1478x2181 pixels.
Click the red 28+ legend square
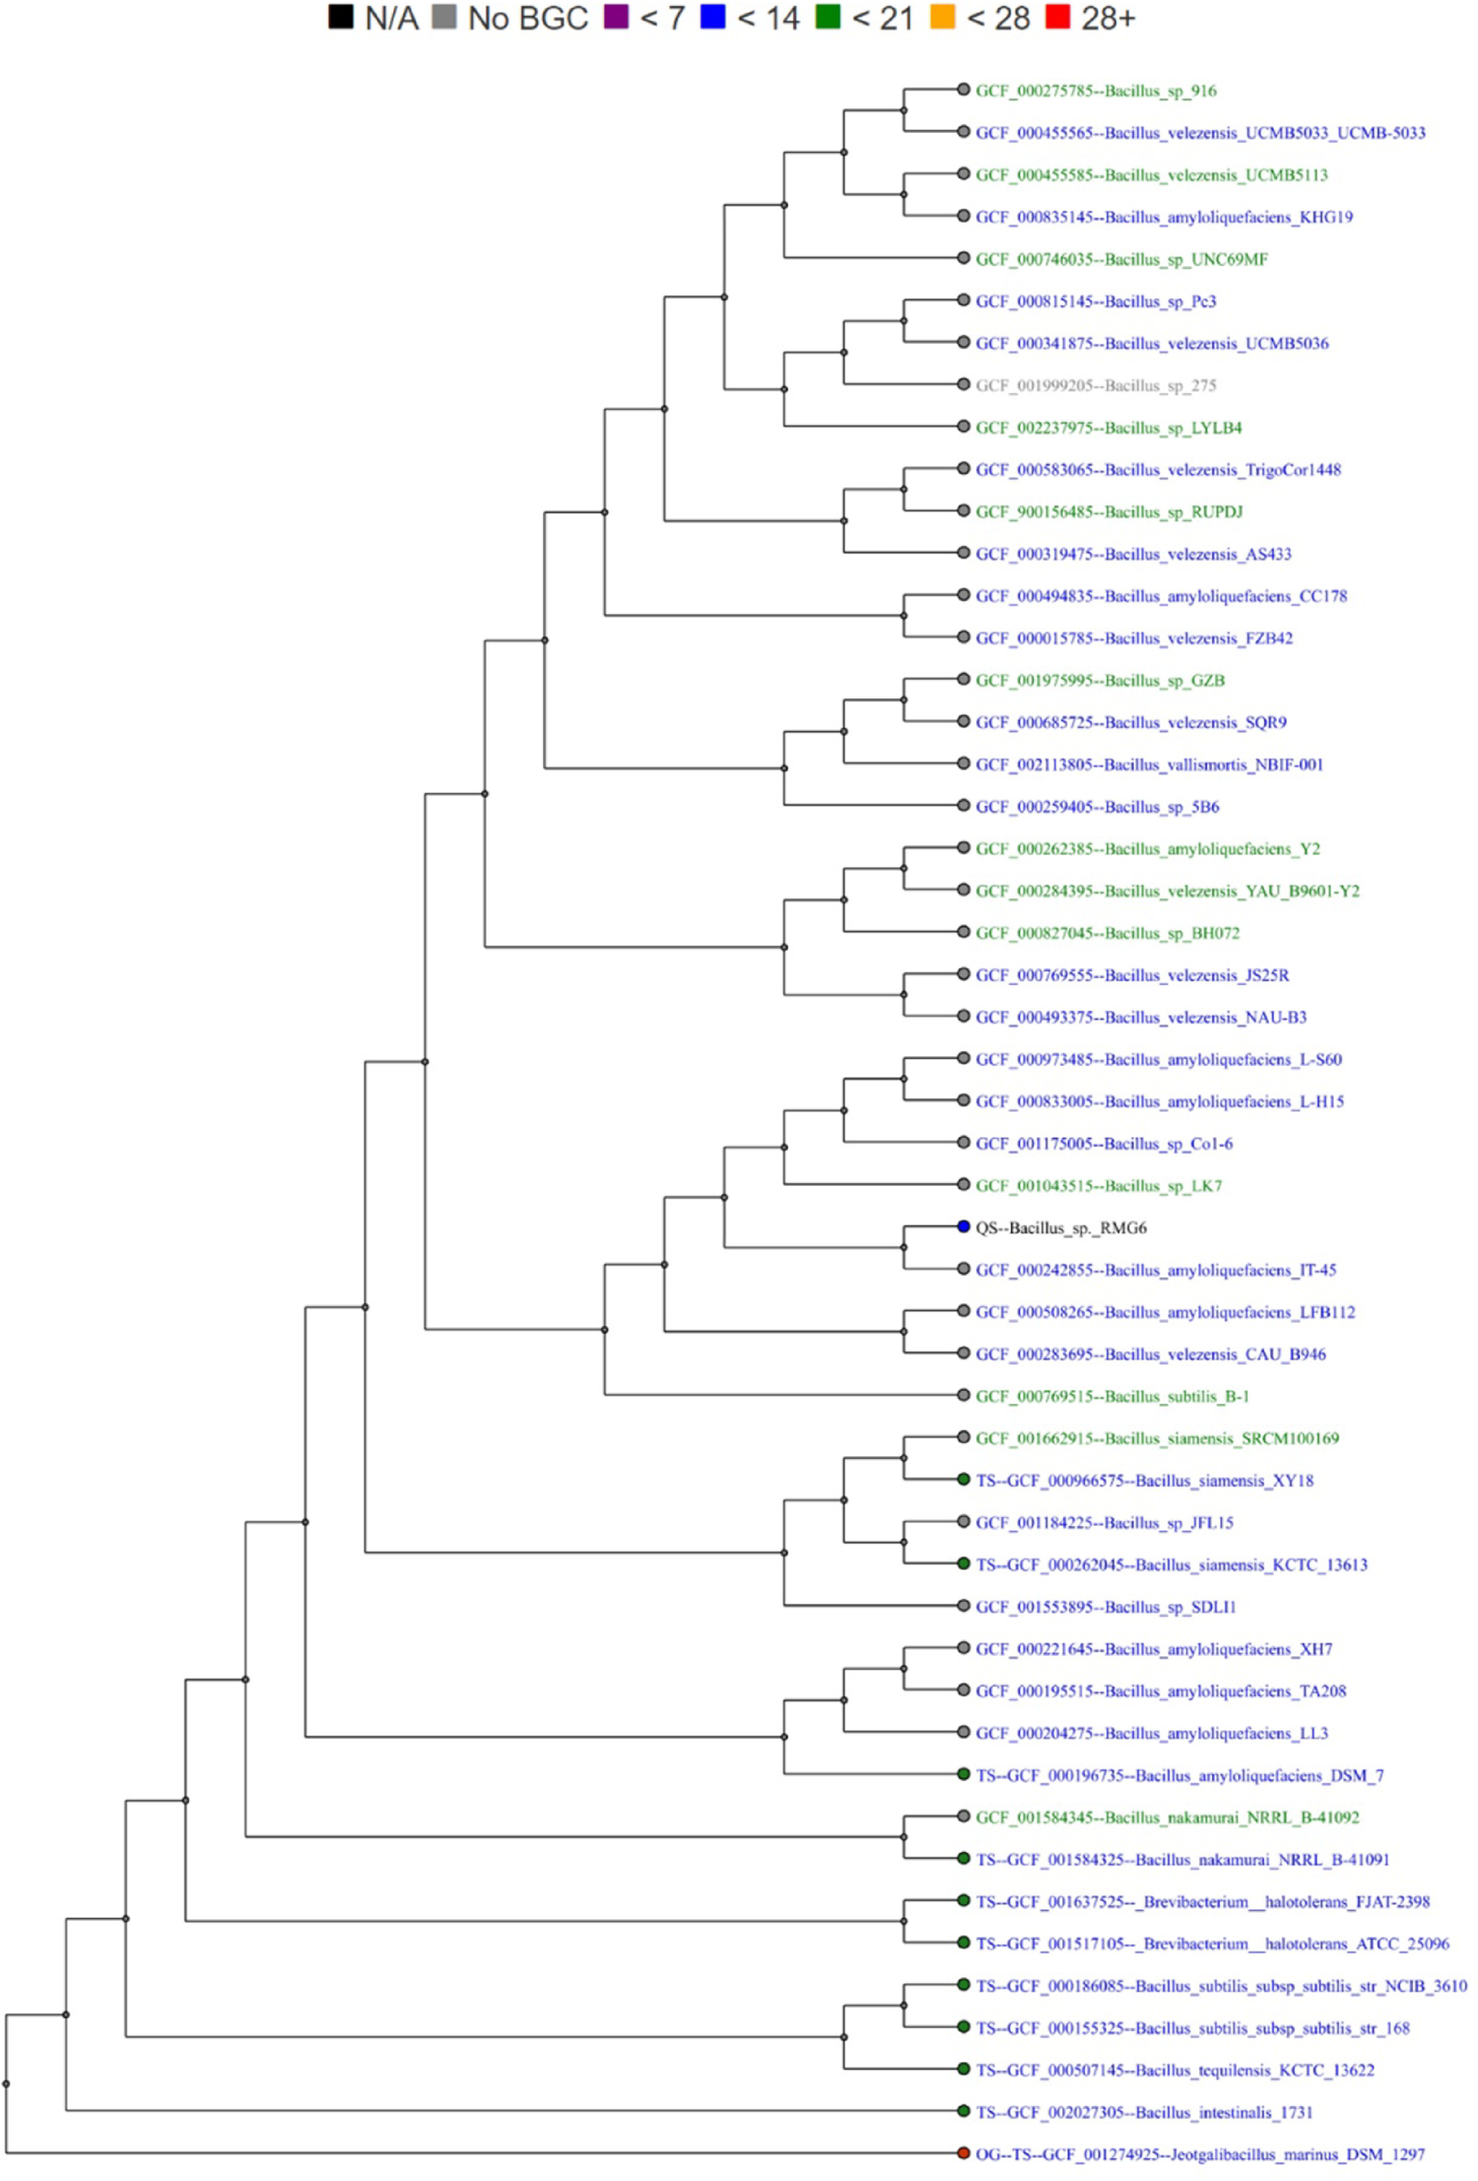(1057, 17)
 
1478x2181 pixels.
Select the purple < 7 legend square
(615, 17)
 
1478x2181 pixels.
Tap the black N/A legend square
(340, 17)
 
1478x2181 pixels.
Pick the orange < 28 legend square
(943, 17)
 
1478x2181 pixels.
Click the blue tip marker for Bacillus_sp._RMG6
(963, 1227)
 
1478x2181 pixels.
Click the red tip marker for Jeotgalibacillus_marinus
(963, 2153)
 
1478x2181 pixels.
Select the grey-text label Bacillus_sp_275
(1096, 386)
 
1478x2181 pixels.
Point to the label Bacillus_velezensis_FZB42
(1133, 638)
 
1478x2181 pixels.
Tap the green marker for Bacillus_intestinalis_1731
(963, 2111)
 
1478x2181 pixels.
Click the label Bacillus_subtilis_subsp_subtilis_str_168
(1191, 2028)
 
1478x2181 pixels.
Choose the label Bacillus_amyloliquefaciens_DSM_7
(1179, 1776)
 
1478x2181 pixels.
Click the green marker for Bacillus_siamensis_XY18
(963, 1479)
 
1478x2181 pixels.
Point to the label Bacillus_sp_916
(1096, 91)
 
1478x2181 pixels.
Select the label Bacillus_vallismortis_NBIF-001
(1148, 765)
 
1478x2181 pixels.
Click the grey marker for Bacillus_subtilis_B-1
(963, 1395)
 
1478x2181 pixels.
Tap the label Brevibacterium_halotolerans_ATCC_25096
(1212, 1944)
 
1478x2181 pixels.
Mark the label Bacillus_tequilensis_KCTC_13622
(1174, 2070)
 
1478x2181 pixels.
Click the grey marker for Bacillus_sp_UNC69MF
(963, 257)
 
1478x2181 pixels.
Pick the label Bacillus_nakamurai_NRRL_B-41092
(1167, 1818)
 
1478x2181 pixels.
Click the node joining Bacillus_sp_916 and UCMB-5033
(904, 111)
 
